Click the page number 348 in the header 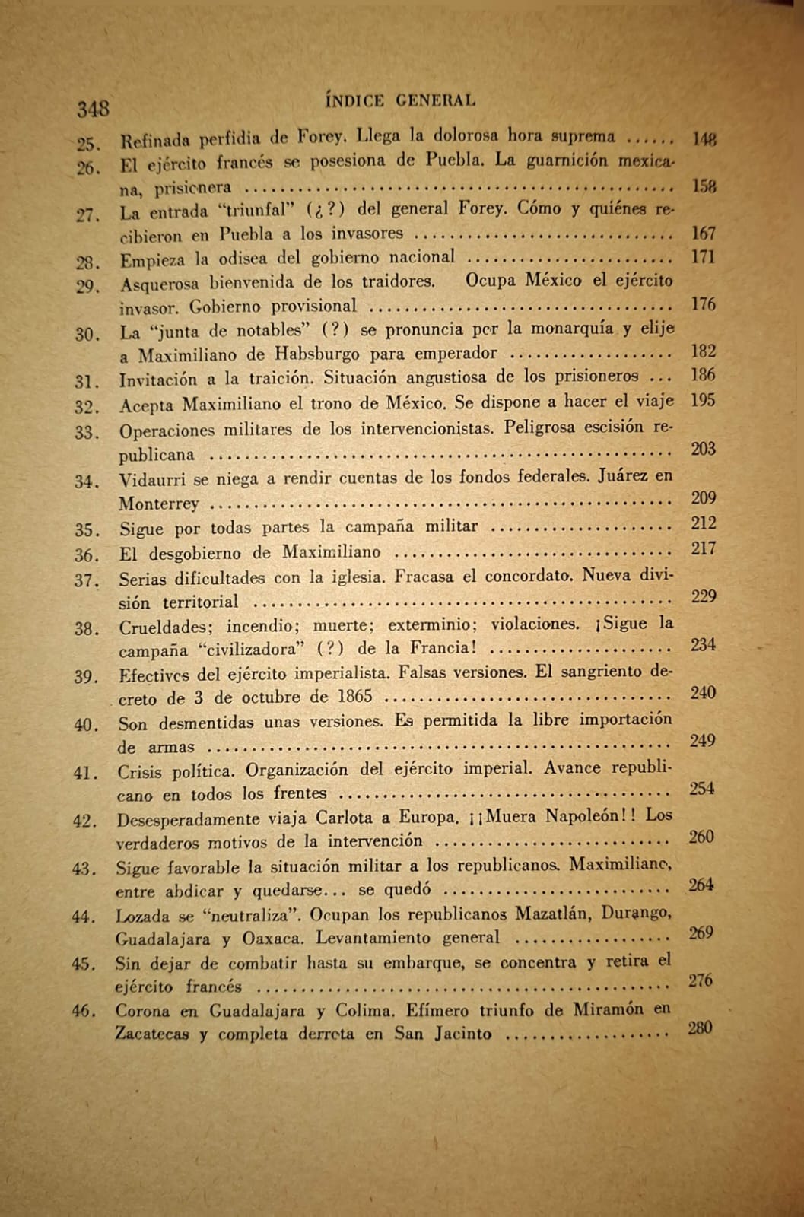coord(93,109)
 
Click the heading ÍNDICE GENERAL coord(400,100)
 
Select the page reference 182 coord(703,351)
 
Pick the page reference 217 coord(703,548)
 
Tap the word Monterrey coord(158,504)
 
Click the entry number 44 coord(83,917)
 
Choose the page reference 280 coord(699,1028)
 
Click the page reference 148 coord(704,138)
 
